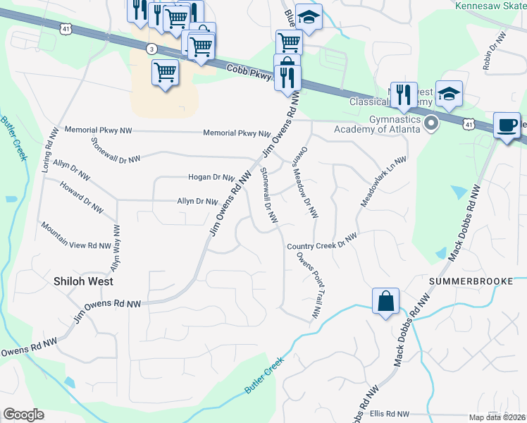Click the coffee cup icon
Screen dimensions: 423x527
coord(506,125)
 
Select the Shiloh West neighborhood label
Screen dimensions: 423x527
coord(83,281)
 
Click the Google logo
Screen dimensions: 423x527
coord(23,415)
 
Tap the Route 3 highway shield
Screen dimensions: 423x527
coord(151,48)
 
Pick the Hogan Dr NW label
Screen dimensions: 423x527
coord(211,177)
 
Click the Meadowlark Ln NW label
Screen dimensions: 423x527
coord(384,180)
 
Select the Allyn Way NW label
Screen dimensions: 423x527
coord(113,248)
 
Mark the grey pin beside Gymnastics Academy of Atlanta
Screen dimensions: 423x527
coord(433,125)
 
